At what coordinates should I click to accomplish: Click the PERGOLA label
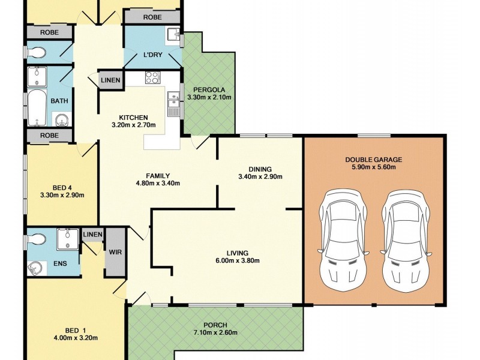coord(209,90)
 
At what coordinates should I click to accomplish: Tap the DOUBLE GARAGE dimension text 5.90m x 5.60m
coord(373,167)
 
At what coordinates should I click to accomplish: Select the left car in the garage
coord(343,240)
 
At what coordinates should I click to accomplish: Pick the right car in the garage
coord(406,240)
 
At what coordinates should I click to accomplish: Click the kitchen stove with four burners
coord(152,77)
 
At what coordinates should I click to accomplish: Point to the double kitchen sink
coord(173,103)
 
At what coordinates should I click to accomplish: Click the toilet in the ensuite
coord(37,239)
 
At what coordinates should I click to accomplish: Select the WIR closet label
coord(115,252)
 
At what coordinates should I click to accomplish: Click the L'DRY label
coord(153,55)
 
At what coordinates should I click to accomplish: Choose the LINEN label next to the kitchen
coord(110,80)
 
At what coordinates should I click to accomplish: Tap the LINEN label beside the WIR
coord(93,235)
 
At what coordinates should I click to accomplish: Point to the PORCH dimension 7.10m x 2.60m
coord(215,333)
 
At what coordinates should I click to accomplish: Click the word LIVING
coord(238,253)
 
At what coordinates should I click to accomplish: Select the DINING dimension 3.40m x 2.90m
coord(260,177)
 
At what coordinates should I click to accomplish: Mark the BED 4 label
coord(62,188)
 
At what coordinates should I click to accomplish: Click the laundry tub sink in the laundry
coord(173,34)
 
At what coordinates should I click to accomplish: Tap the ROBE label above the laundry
coord(152,17)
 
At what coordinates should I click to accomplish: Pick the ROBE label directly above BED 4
coord(49,136)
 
